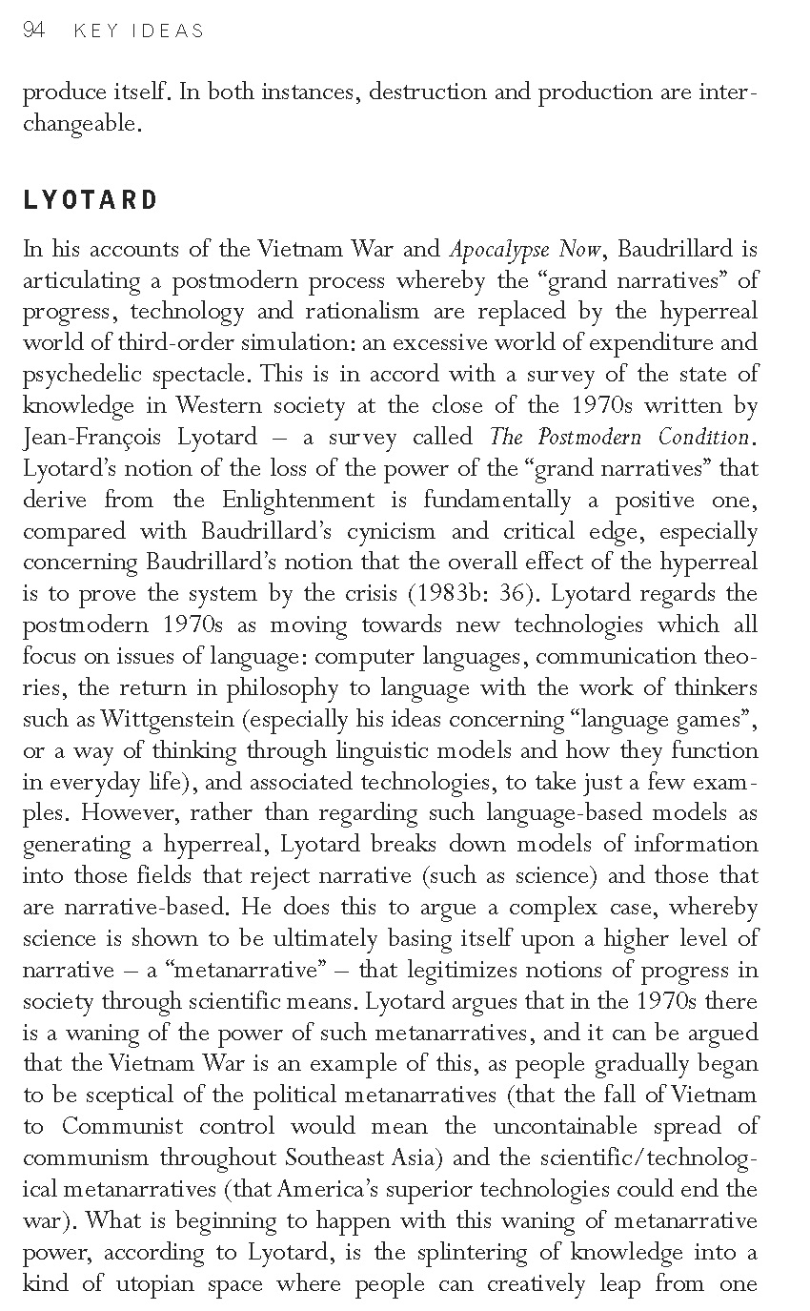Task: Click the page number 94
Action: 33,31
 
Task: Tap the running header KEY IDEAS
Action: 138,31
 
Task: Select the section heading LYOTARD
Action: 90,200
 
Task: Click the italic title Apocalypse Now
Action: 527,250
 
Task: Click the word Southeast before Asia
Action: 339,1157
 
